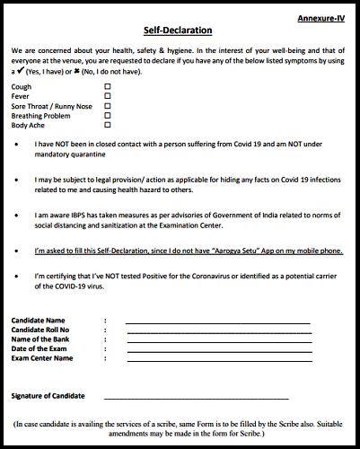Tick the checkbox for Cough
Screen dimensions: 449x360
(108, 86)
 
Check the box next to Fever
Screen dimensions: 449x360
(108, 96)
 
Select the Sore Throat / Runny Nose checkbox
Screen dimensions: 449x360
(108, 106)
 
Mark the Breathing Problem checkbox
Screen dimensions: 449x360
(108, 116)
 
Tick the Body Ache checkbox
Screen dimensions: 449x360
(108, 126)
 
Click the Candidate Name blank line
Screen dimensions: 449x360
(217, 321)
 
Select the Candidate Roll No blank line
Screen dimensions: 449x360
(217, 330)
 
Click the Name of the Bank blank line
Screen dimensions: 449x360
(217, 340)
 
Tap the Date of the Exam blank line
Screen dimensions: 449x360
(217, 349)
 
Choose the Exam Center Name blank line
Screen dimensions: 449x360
(217, 359)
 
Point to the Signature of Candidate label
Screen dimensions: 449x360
(48, 395)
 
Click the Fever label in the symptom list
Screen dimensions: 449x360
(20, 96)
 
